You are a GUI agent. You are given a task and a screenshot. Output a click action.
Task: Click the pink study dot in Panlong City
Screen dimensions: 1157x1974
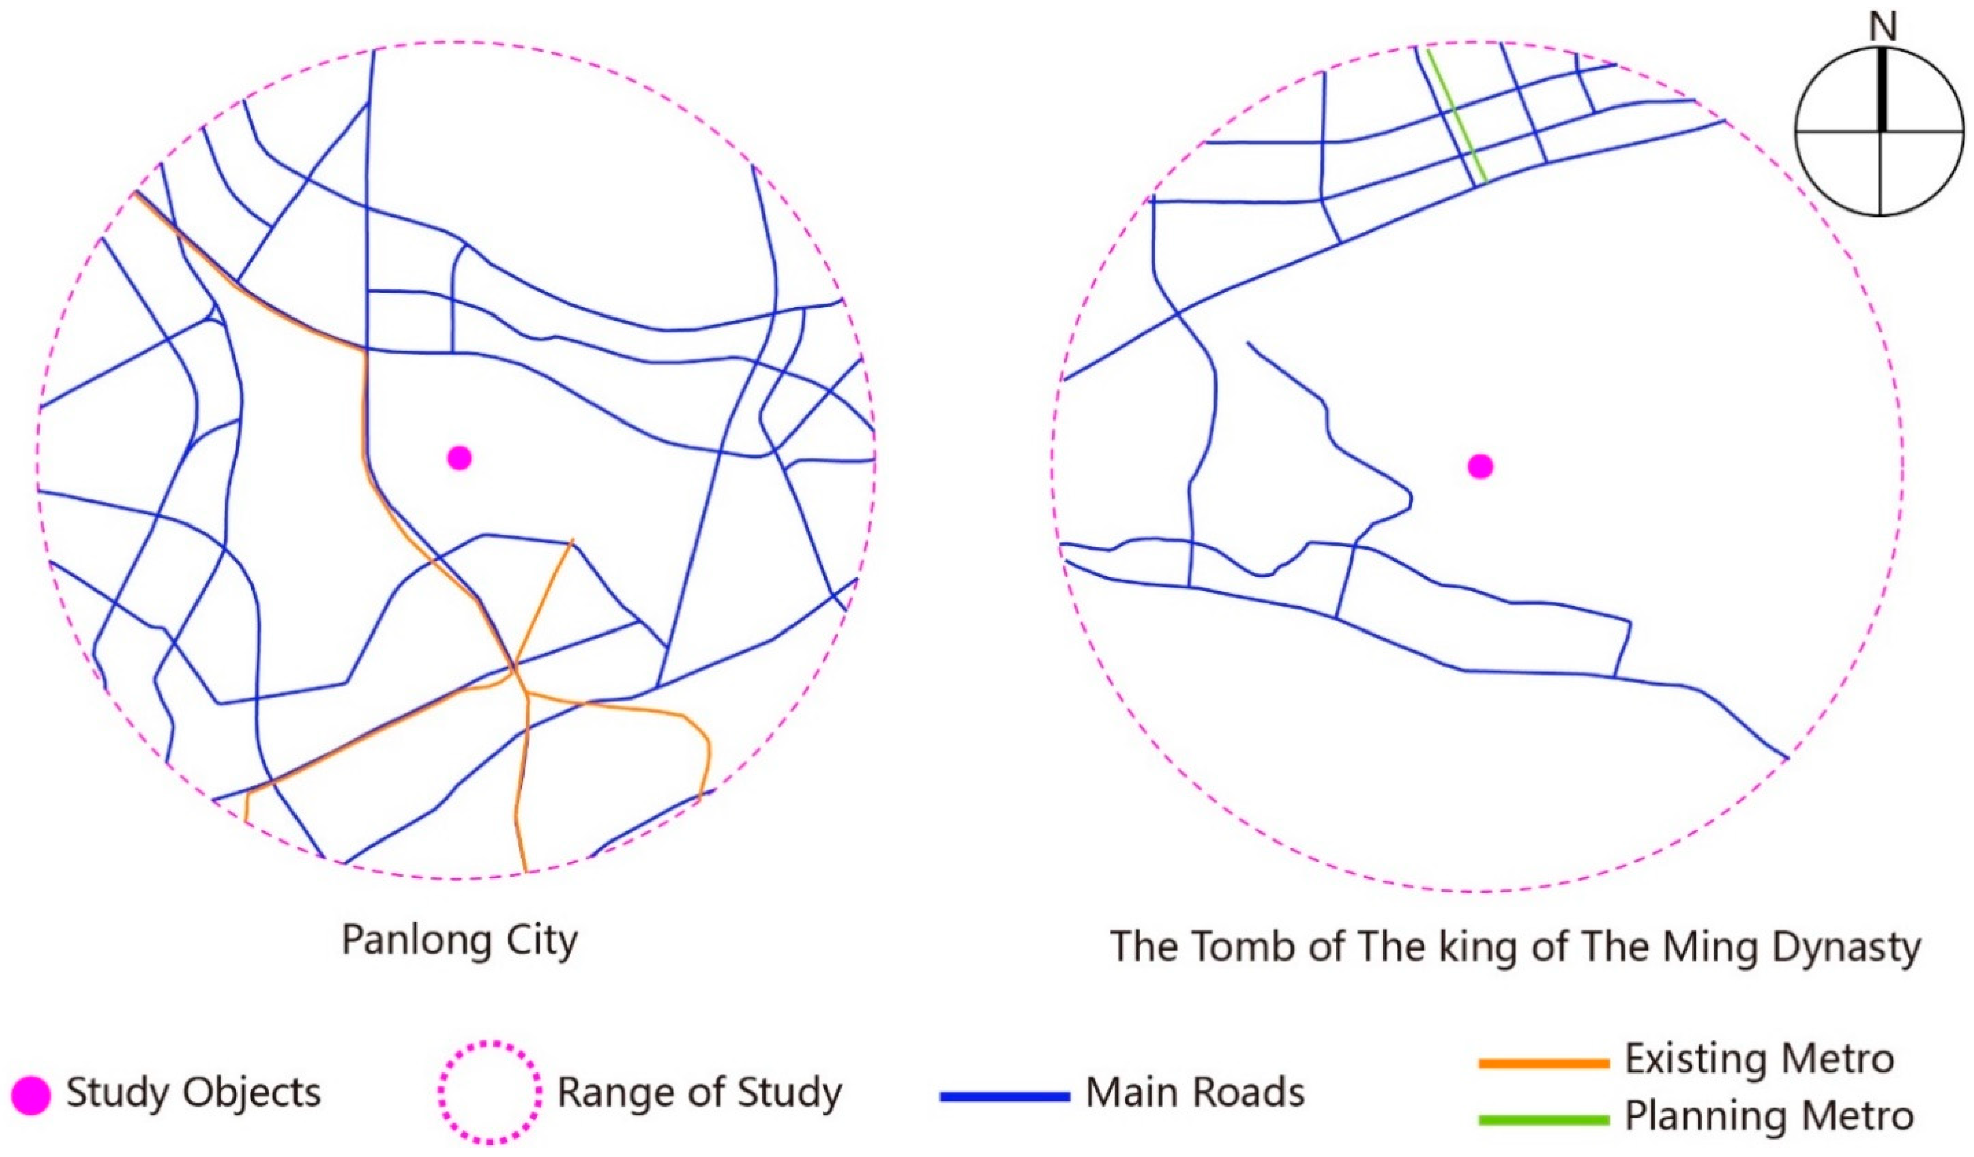[x=460, y=458]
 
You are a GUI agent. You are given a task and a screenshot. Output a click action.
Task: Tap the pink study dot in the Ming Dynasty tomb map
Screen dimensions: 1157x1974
[x=1479, y=467]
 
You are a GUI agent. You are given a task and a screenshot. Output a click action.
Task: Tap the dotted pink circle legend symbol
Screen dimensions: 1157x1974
[x=489, y=1092]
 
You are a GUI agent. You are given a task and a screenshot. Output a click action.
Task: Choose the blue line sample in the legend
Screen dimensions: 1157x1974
[x=1005, y=1097]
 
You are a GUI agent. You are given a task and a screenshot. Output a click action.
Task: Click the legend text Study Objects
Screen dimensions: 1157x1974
[x=193, y=1092]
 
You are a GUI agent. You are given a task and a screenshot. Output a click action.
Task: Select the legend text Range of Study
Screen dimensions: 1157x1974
[x=700, y=1092]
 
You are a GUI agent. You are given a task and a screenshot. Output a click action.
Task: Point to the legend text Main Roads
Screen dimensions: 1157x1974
[x=1195, y=1092]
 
